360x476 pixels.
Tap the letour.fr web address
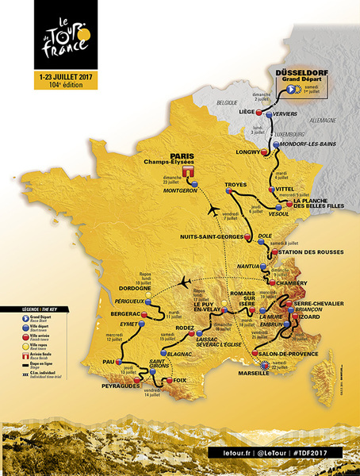[229, 451]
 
